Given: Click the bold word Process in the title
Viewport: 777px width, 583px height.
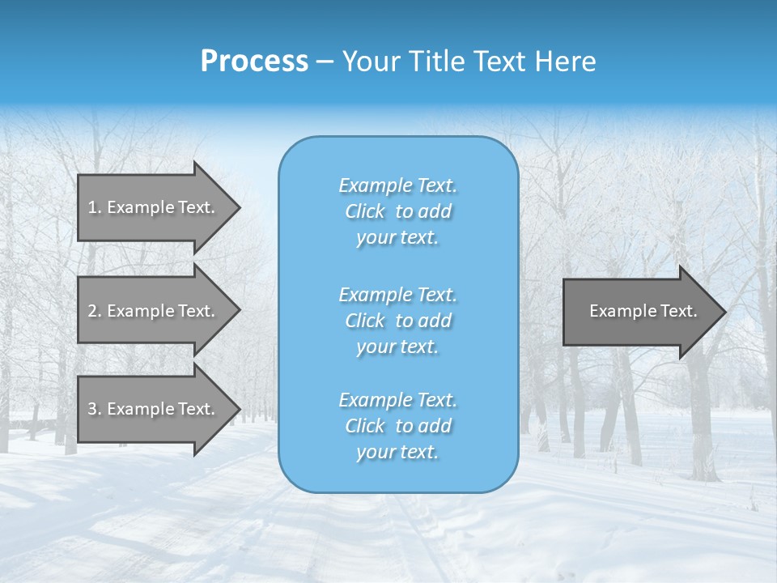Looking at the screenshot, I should pos(254,62).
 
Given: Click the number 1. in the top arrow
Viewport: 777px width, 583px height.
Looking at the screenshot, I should pos(94,207).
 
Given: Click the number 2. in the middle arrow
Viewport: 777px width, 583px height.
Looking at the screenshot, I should pos(94,311).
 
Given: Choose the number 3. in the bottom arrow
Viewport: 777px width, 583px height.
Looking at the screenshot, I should pos(94,409).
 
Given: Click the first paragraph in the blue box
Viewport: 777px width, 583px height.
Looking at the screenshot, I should pos(397,211).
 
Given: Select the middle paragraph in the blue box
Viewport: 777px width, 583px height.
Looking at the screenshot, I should pos(397,321).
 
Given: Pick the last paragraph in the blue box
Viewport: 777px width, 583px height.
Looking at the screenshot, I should pos(397,426).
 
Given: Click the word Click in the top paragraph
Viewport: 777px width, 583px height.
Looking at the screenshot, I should pos(365,212).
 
